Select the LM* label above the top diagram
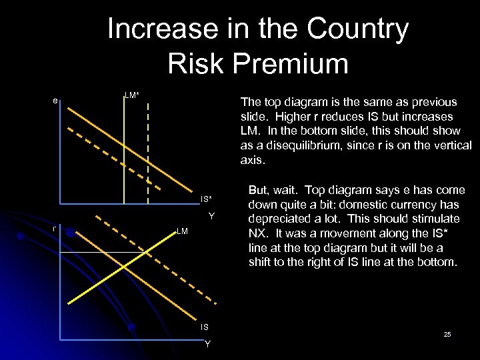coord(132,95)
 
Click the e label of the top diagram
coord(56,101)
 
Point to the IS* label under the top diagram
coord(206,199)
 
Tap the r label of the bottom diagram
coord(55,229)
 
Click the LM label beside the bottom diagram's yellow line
coord(183,231)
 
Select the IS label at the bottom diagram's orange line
coord(204,327)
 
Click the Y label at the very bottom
coord(207,344)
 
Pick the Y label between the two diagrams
coord(211,215)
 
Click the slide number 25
coord(447,333)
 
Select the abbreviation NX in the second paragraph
coord(257,233)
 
